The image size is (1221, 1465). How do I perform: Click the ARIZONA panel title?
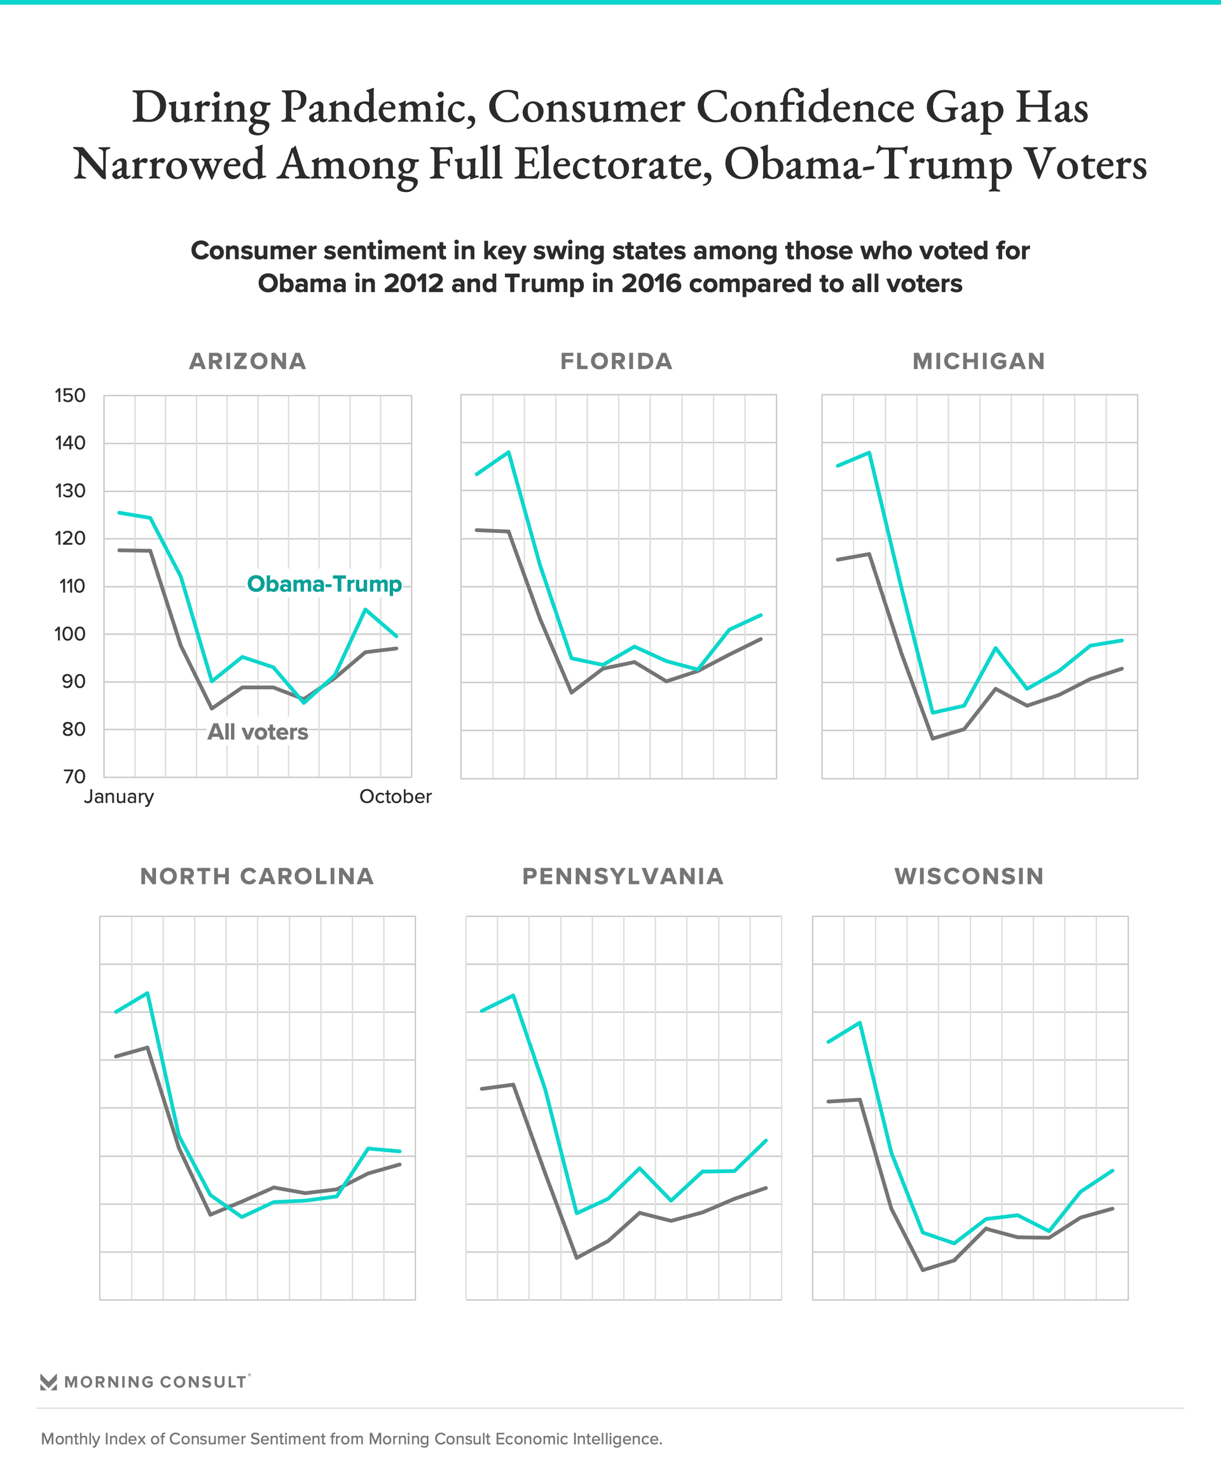tap(247, 361)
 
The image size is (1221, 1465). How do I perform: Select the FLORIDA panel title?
tap(616, 361)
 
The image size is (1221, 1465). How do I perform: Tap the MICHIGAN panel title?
tap(979, 361)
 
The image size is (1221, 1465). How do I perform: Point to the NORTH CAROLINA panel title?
tap(257, 876)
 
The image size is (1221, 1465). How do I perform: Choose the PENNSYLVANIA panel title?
tap(623, 876)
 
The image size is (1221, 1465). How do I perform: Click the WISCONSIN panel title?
tap(969, 876)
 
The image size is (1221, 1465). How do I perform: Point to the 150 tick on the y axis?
tap(70, 395)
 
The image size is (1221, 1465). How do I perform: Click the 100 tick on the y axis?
tap(70, 634)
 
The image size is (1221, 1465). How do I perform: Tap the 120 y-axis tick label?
tap(70, 539)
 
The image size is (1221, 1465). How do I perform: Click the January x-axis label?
tap(119, 797)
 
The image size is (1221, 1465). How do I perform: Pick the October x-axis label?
tap(395, 797)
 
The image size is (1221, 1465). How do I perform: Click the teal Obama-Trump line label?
tap(324, 584)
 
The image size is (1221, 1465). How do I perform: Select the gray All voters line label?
tap(258, 732)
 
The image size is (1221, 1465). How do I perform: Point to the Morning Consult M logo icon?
tap(48, 1382)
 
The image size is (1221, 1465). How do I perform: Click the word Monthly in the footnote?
tap(70, 1438)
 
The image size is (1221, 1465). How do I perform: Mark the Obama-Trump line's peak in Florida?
tap(509, 452)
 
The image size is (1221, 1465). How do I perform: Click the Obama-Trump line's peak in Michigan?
tap(869, 452)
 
